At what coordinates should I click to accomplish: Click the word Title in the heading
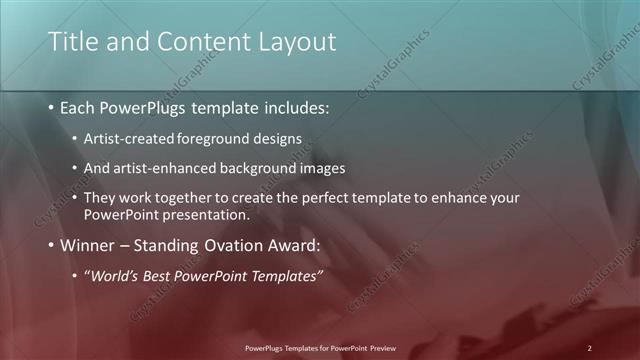click(x=74, y=41)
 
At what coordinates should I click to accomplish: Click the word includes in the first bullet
click(x=292, y=106)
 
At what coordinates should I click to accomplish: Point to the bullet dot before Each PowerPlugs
click(x=51, y=107)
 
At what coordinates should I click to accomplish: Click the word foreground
click(x=209, y=138)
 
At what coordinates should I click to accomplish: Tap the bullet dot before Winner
click(x=51, y=246)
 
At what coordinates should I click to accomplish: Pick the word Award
click(x=290, y=245)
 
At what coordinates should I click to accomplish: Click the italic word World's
click(x=115, y=276)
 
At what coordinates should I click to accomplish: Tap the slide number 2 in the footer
click(x=589, y=347)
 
